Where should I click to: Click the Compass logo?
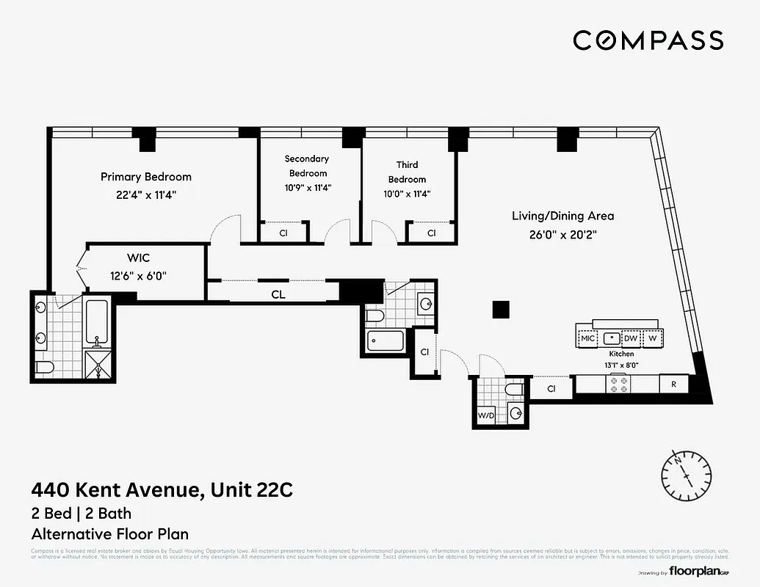pyautogui.click(x=648, y=40)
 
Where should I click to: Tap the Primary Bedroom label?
pyautogui.click(x=146, y=177)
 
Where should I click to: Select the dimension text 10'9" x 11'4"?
pyautogui.click(x=307, y=187)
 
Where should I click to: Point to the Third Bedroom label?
pyautogui.click(x=407, y=172)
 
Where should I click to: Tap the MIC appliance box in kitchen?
pyautogui.click(x=587, y=338)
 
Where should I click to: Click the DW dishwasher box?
pyautogui.click(x=631, y=338)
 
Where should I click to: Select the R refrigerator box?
pyautogui.click(x=673, y=384)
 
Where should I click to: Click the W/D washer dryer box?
pyautogui.click(x=485, y=416)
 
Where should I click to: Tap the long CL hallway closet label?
pyautogui.click(x=278, y=294)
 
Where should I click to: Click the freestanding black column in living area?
pyautogui.click(x=500, y=310)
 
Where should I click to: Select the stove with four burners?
pyautogui.click(x=618, y=384)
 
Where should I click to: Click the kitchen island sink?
pyautogui.click(x=610, y=338)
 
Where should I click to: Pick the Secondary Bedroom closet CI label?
pyautogui.click(x=283, y=233)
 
